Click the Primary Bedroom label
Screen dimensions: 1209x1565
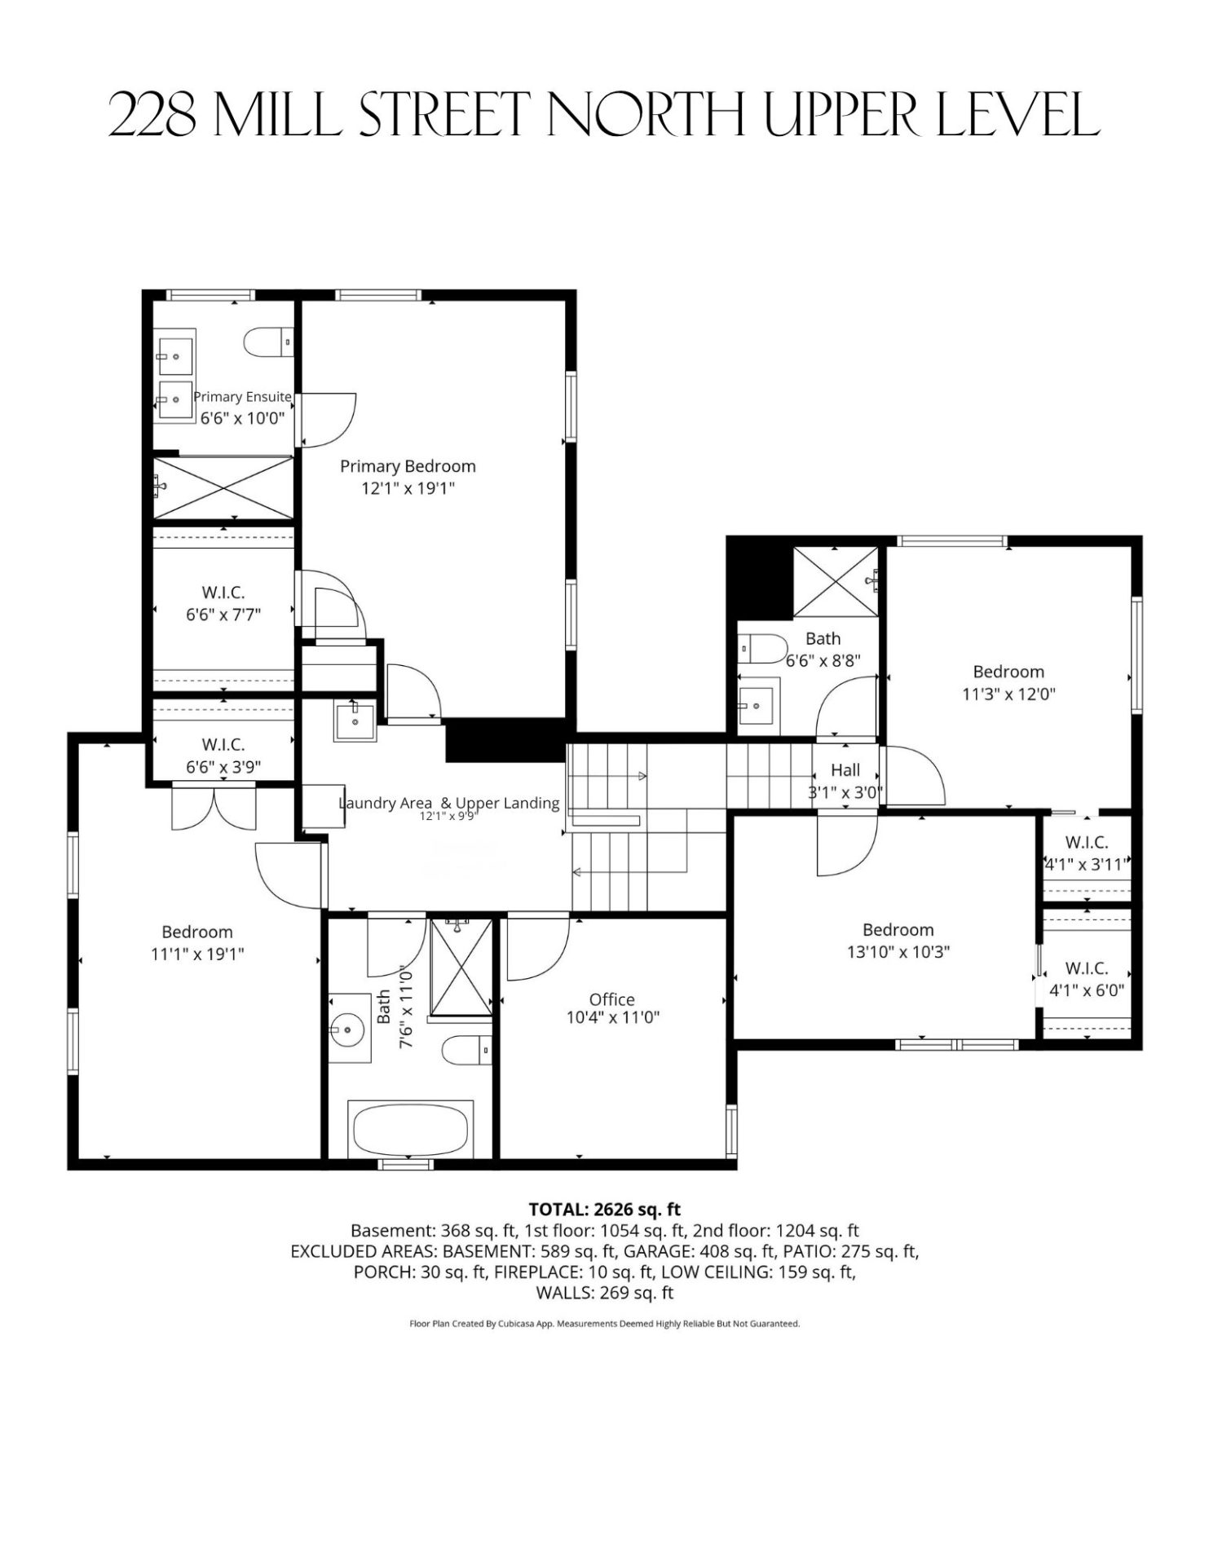(408, 466)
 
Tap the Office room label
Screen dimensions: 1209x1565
(612, 999)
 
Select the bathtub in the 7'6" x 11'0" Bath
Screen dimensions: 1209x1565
(411, 1129)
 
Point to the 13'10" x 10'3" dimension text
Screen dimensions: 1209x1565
(898, 952)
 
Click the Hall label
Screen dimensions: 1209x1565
(845, 769)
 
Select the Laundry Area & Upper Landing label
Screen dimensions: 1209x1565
(449, 803)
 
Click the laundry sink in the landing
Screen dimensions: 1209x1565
(355, 721)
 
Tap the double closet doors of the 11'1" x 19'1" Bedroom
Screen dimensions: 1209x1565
(214, 808)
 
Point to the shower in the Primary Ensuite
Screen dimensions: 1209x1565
(223, 487)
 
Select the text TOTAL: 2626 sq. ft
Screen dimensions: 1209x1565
(605, 1209)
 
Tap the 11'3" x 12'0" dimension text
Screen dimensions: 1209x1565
(1008, 694)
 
